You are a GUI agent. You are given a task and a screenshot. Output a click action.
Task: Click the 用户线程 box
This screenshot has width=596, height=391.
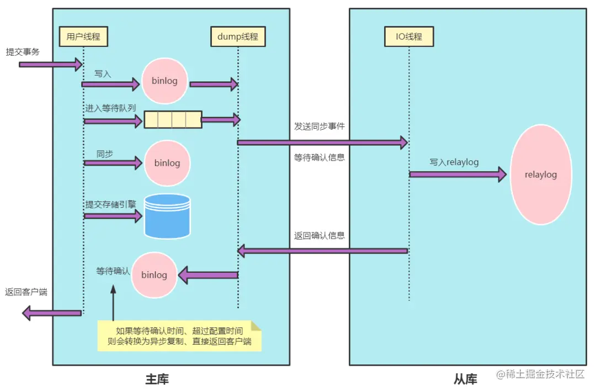[83, 37]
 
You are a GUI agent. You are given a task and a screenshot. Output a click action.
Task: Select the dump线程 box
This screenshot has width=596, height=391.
[238, 37]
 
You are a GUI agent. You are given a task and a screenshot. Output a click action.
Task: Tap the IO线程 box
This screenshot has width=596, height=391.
[409, 37]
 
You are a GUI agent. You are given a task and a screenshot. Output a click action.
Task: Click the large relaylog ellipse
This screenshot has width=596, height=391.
[540, 175]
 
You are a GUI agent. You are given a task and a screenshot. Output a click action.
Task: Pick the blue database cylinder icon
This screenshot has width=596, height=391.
[167, 216]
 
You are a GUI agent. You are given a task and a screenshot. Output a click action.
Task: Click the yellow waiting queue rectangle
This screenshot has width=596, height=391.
[172, 119]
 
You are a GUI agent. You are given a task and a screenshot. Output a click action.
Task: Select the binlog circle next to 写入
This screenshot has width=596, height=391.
[164, 81]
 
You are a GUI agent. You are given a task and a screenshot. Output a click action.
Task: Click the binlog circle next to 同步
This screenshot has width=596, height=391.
[167, 163]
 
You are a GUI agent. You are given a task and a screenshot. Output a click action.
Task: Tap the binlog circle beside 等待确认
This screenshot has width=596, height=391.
[154, 274]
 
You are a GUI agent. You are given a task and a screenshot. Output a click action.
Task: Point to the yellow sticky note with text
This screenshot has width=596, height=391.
[179, 336]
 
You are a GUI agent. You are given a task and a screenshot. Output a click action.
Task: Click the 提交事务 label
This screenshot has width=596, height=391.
[23, 52]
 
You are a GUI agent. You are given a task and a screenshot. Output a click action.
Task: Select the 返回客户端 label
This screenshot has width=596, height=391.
[26, 292]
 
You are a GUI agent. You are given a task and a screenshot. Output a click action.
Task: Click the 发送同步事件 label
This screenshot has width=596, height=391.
[320, 126]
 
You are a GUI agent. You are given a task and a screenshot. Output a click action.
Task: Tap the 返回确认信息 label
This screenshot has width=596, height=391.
[320, 235]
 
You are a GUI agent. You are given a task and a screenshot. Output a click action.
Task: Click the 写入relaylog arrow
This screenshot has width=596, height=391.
[457, 175]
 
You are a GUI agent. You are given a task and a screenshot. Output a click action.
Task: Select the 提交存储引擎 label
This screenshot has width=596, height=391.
[110, 204]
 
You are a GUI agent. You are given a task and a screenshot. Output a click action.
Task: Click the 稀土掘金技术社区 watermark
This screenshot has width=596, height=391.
[540, 374]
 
